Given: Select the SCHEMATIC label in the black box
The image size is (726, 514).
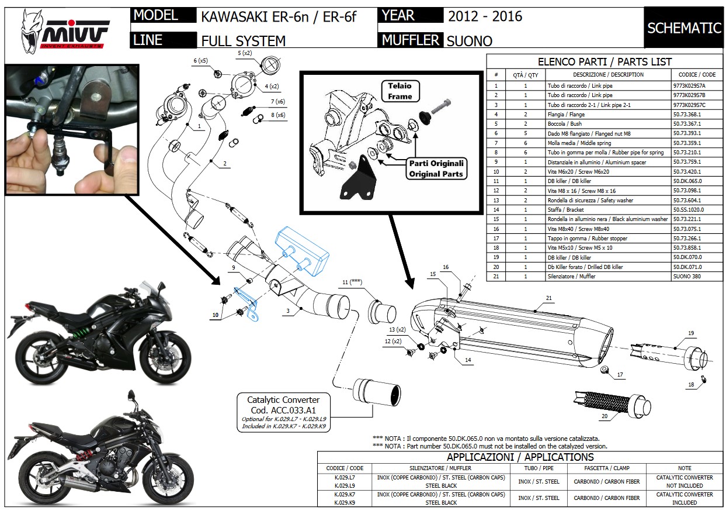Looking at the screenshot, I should click(684, 28).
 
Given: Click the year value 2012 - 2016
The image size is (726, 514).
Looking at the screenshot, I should click(485, 16).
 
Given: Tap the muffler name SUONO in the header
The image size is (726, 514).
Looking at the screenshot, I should click(470, 41).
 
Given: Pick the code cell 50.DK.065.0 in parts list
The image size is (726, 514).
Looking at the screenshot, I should click(688, 181).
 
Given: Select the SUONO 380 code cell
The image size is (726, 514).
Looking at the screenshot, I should click(688, 277).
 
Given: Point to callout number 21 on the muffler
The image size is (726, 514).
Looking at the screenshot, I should click(548, 298).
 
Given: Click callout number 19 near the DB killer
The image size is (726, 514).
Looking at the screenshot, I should click(690, 333).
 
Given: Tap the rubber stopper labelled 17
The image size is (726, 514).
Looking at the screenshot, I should click(605, 371).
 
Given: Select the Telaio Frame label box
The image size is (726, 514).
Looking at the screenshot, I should click(400, 91).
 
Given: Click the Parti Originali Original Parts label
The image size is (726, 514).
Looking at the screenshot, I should click(436, 168).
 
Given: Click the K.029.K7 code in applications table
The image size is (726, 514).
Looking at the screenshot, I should click(344, 494).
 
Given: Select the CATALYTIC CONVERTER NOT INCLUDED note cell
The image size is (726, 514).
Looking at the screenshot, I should click(684, 481).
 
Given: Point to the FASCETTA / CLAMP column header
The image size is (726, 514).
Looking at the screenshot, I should click(606, 468).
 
